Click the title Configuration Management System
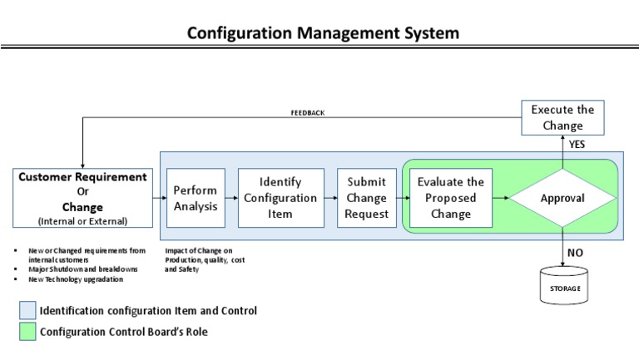322,33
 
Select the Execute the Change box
562,118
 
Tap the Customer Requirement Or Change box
82,198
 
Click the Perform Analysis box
196,198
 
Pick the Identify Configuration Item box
281,198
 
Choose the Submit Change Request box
366,198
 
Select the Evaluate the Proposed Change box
451,198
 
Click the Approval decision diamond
562,199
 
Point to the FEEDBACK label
307,113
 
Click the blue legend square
27,311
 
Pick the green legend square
27,332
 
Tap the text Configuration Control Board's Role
124,332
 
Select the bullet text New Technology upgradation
76,279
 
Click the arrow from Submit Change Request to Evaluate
403,199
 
